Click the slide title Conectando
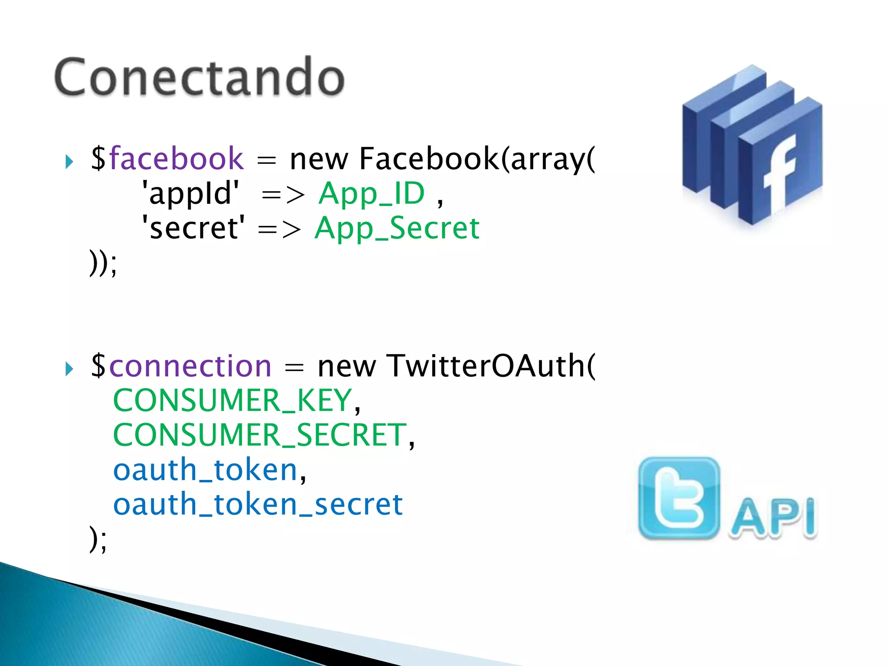(199, 77)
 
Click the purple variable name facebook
(176, 159)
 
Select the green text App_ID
(372, 193)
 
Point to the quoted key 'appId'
(191, 193)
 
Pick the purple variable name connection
(190, 366)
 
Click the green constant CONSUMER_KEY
(232, 400)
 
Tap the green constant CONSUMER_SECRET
(260, 435)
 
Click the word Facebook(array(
(477, 159)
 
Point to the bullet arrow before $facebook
(69, 162)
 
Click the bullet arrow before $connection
(69, 369)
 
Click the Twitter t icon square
(679, 498)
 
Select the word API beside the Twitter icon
(773, 518)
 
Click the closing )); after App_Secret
(103, 263)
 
